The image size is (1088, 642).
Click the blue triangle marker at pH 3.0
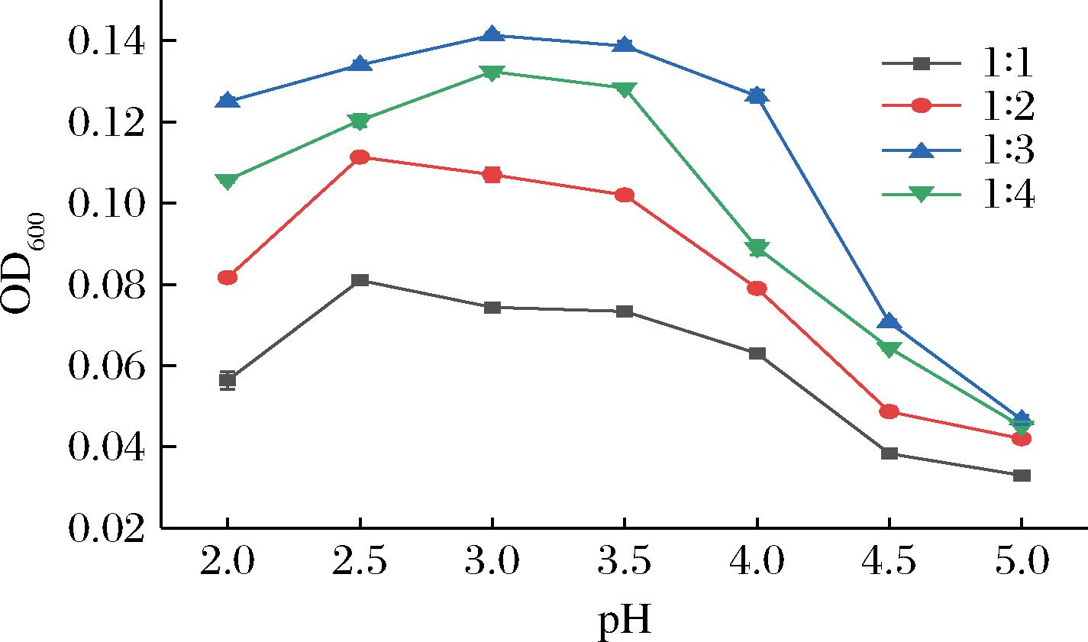[492, 34]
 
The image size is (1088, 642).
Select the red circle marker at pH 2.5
[360, 157]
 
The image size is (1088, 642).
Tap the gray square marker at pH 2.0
[228, 379]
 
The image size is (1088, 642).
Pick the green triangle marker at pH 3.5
[625, 90]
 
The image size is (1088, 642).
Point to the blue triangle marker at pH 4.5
[889, 321]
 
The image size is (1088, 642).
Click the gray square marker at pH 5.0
[1022, 476]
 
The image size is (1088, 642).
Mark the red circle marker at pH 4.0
[757, 289]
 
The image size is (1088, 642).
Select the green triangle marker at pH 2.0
[228, 182]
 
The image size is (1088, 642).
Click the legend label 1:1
[1008, 63]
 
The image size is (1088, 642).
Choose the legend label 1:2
[1009, 106]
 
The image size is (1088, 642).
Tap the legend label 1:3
[1009, 150]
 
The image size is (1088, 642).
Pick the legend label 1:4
[1009, 194]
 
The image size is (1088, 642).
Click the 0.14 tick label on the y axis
[106, 40]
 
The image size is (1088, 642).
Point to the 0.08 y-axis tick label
[106, 285]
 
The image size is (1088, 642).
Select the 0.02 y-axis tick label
[106, 528]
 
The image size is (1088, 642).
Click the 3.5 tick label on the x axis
[624, 560]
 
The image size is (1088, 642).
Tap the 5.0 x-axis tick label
[1022, 560]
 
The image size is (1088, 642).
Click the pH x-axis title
[624, 621]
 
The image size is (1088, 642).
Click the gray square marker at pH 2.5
[360, 280]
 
